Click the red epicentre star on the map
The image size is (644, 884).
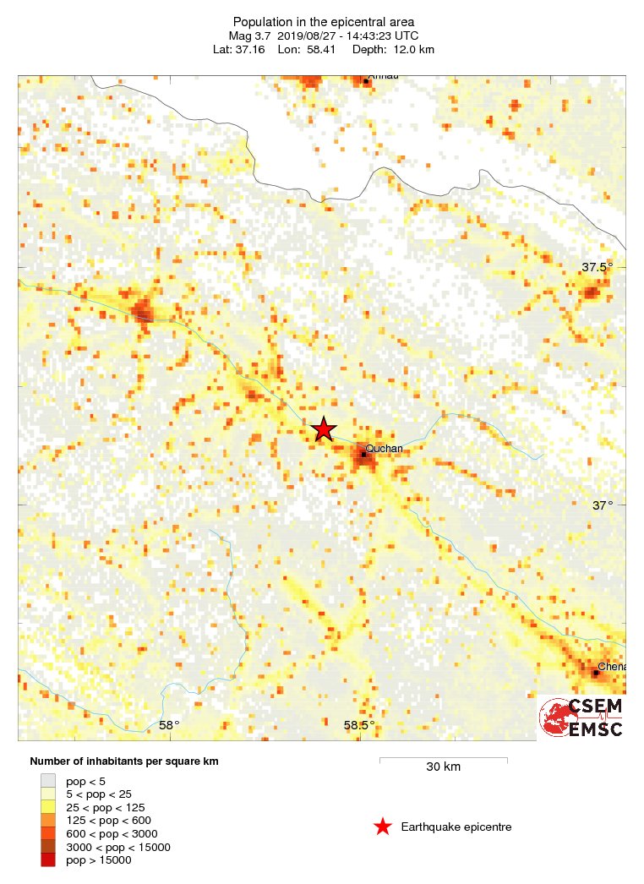324,429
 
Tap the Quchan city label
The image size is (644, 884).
381,449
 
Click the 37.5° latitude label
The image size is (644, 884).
597,267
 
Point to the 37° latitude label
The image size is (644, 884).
602,505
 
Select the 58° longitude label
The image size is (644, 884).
169,725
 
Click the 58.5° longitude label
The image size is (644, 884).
359,725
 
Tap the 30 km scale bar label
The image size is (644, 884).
443,767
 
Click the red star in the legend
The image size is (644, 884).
383,827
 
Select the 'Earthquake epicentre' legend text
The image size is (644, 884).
456,827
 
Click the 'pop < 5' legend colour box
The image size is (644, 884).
48,781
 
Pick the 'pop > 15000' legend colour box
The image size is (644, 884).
48,860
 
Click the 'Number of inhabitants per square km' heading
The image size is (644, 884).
124,761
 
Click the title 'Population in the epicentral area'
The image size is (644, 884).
324,21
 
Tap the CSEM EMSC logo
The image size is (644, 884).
581,718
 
